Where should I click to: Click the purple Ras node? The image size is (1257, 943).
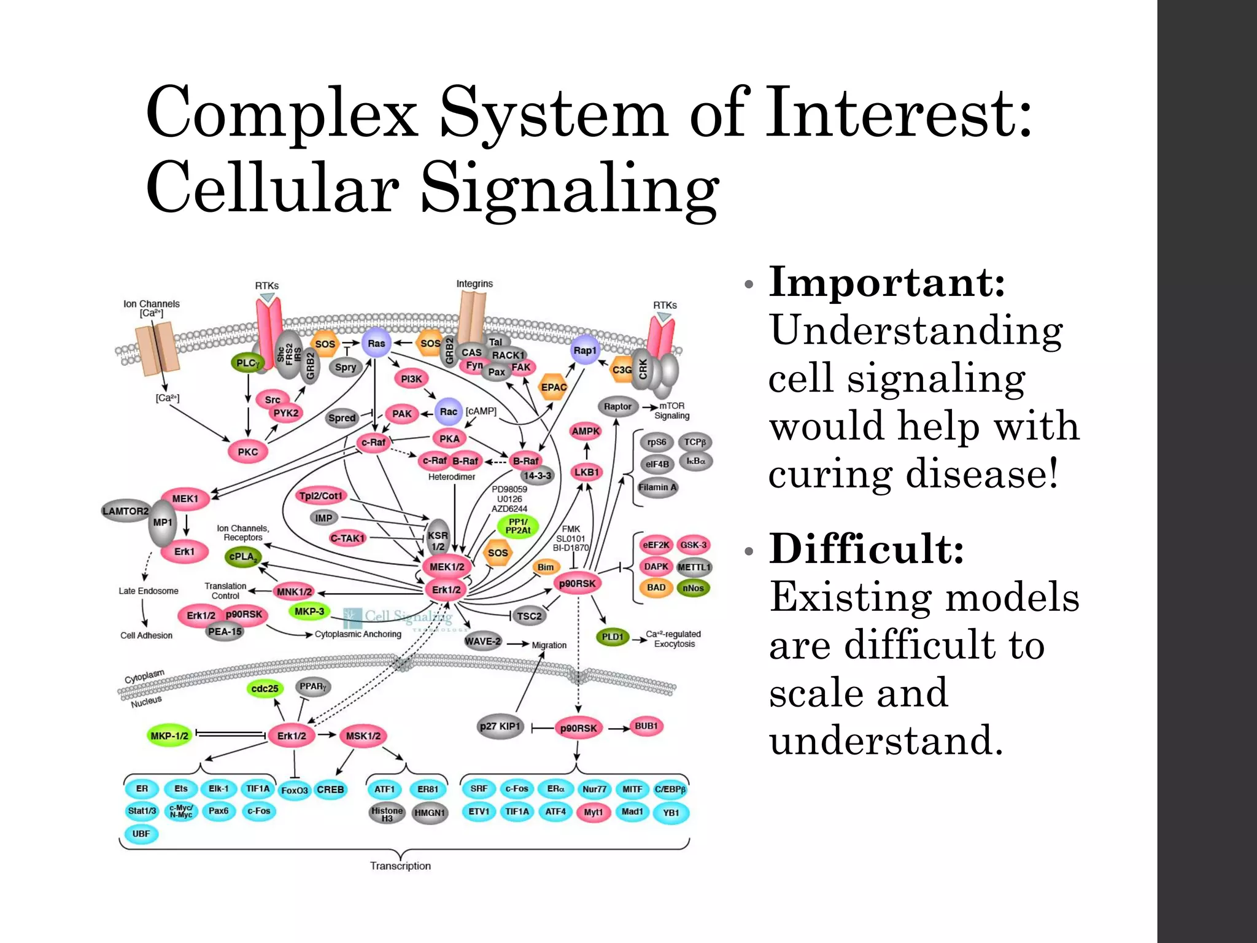[x=376, y=343]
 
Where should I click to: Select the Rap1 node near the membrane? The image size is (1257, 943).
[x=584, y=350]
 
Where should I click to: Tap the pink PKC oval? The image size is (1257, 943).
[x=247, y=452]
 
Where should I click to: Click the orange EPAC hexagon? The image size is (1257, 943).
[x=553, y=387]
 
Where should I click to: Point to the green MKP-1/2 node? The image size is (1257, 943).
[x=169, y=735]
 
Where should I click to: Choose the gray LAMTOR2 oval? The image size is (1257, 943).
[x=125, y=511]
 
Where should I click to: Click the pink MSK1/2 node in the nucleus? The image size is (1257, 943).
[x=363, y=735]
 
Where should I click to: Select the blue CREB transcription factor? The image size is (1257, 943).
[x=330, y=790]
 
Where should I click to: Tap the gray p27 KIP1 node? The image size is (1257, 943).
[x=500, y=727]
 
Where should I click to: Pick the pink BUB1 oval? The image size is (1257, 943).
[x=646, y=726]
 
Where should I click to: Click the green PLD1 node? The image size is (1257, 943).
[x=612, y=637]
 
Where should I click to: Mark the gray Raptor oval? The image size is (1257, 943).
[x=617, y=406]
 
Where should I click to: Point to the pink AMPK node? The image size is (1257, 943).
[x=586, y=431]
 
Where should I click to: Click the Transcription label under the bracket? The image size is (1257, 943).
[x=400, y=866]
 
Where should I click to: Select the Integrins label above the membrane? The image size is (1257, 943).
[x=474, y=284]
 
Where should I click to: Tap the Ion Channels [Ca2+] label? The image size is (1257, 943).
[x=152, y=308]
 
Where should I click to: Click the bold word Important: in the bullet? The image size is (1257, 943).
[x=887, y=282]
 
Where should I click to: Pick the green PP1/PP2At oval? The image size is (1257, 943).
[x=517, y=526]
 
